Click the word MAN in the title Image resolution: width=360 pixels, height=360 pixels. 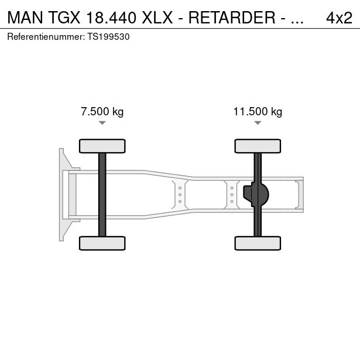pyautogui.click(x=25, y=18)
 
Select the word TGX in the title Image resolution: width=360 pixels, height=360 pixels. pyautogui.click(x=64, y=18)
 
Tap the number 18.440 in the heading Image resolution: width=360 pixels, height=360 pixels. pyautogui.click(x=111, y=18)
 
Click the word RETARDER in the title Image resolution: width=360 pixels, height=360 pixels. pyautogui.click(x=232, y=18)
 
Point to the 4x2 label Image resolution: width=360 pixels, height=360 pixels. pyautogui.click(x=339, y=18)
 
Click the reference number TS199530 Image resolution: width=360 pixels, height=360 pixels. pyautogui.click(x=108, y=37)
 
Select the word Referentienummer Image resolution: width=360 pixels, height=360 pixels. pyautogui.click(x=45, y=37)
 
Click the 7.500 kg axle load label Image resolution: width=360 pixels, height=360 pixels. pyautogui.click(x=102, y=112)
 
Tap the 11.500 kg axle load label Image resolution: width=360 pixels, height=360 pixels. pyautogui.click(x=258, y=112)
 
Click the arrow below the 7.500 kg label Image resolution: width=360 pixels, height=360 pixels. pyautogui.click(x=102, y=123)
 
